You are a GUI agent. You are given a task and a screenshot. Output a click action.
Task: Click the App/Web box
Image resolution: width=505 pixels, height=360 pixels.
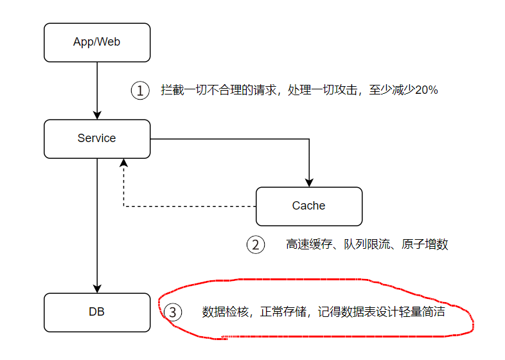point(97,42)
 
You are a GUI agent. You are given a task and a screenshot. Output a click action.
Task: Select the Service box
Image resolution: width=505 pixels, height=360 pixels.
point(97,138)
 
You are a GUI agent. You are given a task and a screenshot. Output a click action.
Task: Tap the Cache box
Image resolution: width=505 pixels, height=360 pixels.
point(308,206)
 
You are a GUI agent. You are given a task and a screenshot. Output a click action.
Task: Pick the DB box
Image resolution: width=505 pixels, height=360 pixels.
point(97,312)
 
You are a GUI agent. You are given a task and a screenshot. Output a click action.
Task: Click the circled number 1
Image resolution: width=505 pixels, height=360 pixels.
point(140,90)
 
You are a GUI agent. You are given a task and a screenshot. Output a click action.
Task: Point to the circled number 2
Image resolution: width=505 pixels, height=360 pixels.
point(255,244)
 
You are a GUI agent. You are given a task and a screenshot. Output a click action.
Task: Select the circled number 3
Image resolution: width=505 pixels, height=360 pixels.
point(173,312)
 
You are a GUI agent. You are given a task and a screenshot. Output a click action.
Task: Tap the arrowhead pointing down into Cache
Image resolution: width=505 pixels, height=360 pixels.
point(309,182)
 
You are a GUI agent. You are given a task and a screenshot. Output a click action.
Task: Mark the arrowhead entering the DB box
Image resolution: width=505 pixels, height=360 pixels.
point(97,289)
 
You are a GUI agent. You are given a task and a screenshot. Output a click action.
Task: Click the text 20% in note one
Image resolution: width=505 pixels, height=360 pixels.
point(427,90)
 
